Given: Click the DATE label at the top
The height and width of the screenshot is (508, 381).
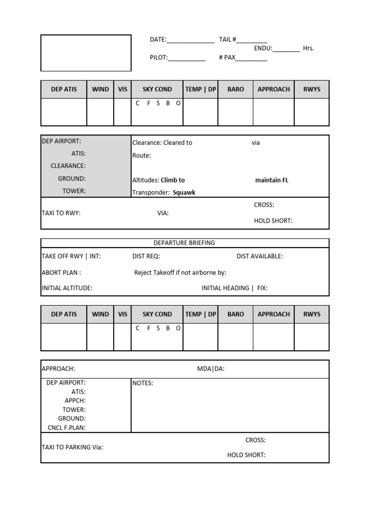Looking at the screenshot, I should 158,40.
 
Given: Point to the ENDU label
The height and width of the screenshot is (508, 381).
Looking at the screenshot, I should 263,48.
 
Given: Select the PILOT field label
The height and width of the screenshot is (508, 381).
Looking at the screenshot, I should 159,58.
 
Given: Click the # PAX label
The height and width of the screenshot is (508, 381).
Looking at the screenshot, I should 227,58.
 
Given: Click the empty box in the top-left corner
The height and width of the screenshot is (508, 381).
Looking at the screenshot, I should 86,53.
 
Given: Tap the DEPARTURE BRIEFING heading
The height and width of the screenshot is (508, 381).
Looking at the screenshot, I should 185,243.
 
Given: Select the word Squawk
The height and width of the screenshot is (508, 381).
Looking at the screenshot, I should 184,192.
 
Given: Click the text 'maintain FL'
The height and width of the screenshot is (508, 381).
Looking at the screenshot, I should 271,180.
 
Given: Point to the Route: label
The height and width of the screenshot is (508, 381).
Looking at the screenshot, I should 141,155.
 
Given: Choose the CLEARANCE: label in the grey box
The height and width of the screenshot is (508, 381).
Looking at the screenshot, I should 68,166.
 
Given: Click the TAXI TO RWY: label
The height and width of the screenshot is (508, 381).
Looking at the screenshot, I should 61,213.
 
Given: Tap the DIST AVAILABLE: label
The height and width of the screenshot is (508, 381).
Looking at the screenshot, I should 259,256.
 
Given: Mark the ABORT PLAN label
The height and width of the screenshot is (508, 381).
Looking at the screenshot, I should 62,272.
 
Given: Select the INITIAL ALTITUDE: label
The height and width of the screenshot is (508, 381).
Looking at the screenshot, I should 67,288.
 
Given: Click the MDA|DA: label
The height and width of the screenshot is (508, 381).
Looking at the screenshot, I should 211,369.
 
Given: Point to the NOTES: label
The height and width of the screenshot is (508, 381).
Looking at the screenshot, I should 142,383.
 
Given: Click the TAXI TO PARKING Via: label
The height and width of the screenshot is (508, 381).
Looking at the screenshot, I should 72,447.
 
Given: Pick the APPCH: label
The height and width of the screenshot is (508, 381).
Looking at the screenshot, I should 75,400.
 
